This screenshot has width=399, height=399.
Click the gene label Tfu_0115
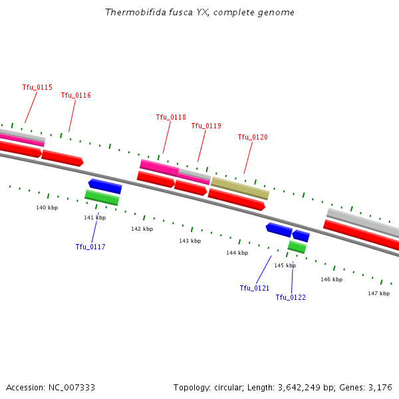click(x=37, y=87)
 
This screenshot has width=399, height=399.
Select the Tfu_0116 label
click(x=76, y=95)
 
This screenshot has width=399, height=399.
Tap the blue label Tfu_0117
click(x=90, y=247)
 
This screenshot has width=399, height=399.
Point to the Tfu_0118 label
click(x=171, y=117)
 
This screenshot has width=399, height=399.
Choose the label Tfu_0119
click(x=206, y=126)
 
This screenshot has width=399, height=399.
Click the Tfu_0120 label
click(x=253, y=137)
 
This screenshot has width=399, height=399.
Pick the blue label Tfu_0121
click(x=255, y=288)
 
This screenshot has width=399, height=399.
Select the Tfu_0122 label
click(x=291, y=297)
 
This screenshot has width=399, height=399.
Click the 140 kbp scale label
click(x=47, y=207)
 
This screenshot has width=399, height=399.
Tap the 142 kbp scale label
click(x=142, y=229)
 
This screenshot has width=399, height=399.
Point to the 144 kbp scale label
click(x=237, y=253)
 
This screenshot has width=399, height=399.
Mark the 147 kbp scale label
click(x=378, y=293)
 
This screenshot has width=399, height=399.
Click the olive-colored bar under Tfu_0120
click(x=240, y=188)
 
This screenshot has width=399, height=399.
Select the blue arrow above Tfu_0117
click(x=105, y=186)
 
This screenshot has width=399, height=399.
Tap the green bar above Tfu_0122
click(x=297, y=247)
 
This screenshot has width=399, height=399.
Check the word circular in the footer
click(x=229, y=387)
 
